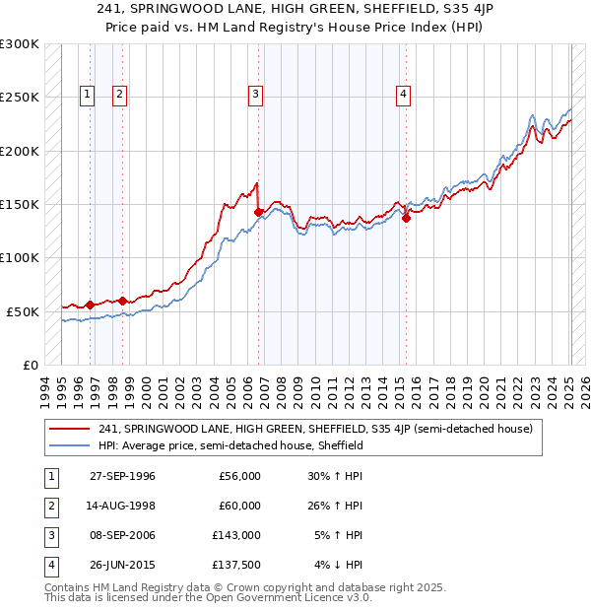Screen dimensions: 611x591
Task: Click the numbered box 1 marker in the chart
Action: pyautogui.click(x=87, y=95)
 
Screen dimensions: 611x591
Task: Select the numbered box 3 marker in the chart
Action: pyautogui.click(x=255, y=95)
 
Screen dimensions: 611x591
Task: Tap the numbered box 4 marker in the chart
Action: pyautogui.click(x=403, y=95)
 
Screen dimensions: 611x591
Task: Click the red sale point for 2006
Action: pyautogui.click(x=258, y=212)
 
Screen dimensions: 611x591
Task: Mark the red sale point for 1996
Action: pyautogui.click(x=90, y=305)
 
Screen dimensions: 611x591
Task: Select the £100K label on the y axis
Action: pyautogui.click(x=21, y=257)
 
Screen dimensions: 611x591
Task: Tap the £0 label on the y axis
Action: pyautogui.click(x=30, y=365)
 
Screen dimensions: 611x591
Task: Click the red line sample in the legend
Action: pyautogui.click(x=71, y=429)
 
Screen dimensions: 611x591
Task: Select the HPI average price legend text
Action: pyautogui.click(x=230, y=445)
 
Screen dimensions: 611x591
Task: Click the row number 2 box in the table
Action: pyautogui.click(x=49, y=506)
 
